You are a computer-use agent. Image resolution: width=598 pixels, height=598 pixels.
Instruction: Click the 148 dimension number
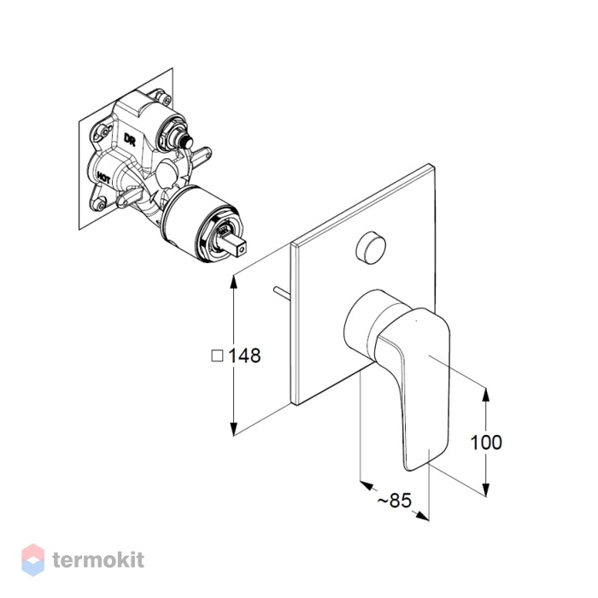point(244,356)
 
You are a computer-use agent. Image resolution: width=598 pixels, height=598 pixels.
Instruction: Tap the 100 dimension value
point(486,443)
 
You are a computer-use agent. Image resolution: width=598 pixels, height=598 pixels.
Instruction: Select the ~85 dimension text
point(395,500)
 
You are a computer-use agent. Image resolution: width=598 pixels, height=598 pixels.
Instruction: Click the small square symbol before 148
point(217,356)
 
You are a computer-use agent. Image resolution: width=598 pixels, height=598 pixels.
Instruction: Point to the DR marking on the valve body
point(130,139)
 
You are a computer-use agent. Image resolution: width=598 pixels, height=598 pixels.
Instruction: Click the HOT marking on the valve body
point(103,178)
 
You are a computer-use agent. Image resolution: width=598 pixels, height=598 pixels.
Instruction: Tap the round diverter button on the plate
point(371,248)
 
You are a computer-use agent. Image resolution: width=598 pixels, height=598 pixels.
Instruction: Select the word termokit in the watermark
point(98,560)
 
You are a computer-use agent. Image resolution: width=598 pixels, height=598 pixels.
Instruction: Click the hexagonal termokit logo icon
point(32,560)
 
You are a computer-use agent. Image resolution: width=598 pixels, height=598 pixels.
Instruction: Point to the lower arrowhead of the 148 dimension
point(234,428)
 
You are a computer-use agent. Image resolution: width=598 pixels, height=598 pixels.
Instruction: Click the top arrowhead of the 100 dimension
point(485,395)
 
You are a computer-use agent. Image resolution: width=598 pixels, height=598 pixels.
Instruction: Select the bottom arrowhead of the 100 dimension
point(485,490)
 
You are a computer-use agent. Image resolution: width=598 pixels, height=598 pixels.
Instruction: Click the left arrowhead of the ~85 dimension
point(366,485)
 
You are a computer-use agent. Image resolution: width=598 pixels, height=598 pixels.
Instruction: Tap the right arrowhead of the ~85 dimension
point(422,516)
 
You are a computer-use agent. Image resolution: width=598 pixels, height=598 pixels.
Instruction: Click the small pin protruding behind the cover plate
point(282,291)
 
